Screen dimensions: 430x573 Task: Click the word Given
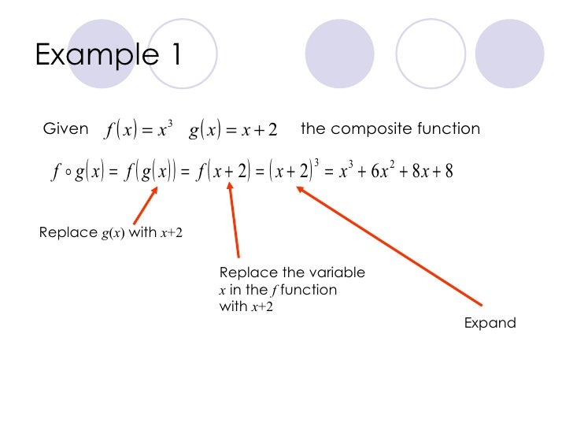66,129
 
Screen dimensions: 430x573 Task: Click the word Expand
490,323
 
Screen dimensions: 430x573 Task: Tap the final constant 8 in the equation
448,171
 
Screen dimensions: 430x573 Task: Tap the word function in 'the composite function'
450,129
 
